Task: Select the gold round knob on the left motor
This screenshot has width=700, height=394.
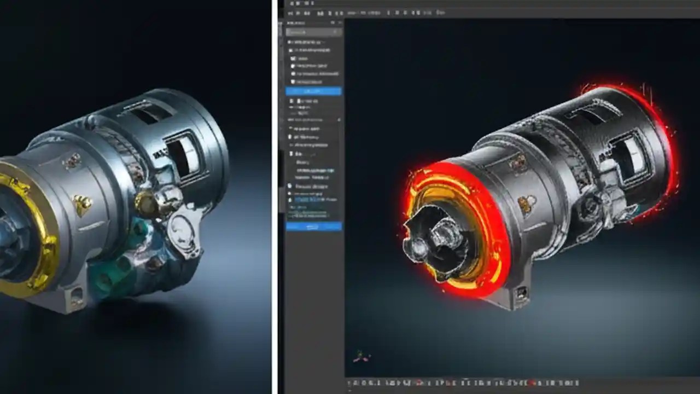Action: [147, 203]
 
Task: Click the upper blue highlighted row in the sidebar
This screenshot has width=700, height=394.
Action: [313, 91]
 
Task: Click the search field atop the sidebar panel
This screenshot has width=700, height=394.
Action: [314, 32]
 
